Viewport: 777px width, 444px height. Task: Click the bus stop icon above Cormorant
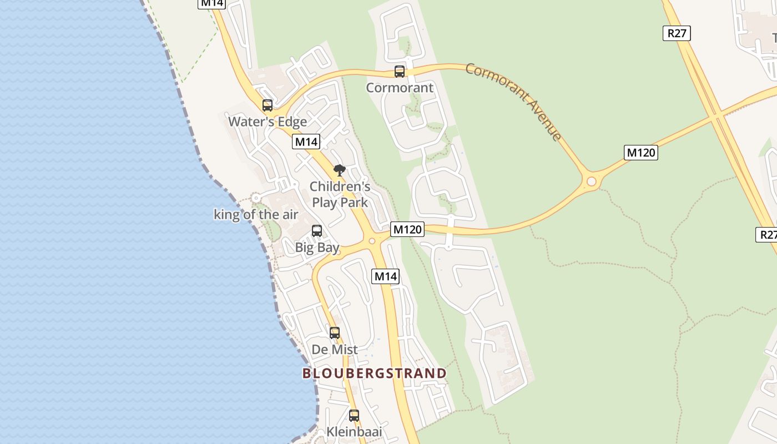[400, 71]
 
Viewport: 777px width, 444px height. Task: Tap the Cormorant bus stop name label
[400, 88]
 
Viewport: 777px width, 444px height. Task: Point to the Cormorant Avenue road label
[513, 101]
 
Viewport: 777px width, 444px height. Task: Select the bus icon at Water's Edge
[268, 105]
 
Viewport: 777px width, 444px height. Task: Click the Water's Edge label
[268, 122]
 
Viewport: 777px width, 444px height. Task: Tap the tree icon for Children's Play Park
[339, 170]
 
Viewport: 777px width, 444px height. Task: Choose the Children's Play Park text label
[340, 194]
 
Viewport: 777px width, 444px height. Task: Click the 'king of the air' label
[256, 215]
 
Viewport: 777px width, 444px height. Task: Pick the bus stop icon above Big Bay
[317, 231]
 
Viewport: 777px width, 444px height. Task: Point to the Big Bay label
[317, 248]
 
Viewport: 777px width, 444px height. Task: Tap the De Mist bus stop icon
[335, 333]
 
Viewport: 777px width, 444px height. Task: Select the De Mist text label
[335, 350]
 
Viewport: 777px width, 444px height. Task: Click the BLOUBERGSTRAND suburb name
[375, 373]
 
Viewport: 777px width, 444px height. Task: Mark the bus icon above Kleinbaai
[354, 415]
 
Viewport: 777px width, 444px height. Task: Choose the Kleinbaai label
[354, 431]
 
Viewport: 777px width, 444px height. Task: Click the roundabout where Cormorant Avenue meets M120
[591, 181]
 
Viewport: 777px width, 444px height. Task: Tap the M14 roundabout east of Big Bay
[372, 241]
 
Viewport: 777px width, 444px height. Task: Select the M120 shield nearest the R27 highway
[641, 152]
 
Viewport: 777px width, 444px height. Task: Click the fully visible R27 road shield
[677, 33]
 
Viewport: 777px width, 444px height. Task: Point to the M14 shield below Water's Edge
[306, 142]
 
